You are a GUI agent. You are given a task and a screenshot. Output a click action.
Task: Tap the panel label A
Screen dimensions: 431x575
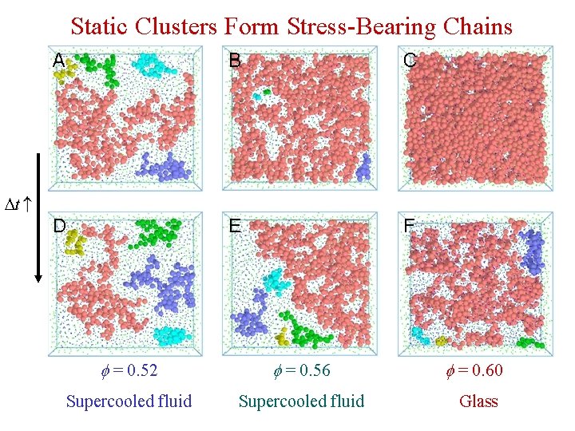pyautogui.click(x=59, y=60)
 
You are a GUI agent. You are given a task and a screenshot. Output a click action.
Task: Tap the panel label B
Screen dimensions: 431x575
pyautogui.click(x=236, y=60)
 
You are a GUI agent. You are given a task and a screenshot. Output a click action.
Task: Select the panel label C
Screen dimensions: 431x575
pyautogui.click(x=410, y=60)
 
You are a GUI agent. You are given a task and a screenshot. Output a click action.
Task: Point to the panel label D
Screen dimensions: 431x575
pyautogui.click(x=59, y=225)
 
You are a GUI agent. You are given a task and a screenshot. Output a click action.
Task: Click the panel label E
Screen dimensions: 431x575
pyautogui.click(x=236, y=225)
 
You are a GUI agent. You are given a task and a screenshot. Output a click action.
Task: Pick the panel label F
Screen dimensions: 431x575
pyautogui.click(x=409, y=225)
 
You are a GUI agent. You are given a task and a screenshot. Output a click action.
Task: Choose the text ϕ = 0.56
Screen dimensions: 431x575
pyautogui.click(x=301, y=370)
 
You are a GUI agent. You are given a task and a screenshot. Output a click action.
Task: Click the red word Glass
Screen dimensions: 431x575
pyautogui.click(x=478, y=401)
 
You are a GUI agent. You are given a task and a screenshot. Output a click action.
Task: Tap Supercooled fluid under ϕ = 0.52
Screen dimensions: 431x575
pyautogui.click(x=129, y=401)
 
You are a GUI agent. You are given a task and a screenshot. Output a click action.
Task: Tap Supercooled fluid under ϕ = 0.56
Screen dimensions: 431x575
pyautogui.click(x=301, y=401)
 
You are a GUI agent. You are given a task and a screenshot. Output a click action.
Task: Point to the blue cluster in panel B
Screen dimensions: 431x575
pyautogui.click(x=363, y=166)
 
